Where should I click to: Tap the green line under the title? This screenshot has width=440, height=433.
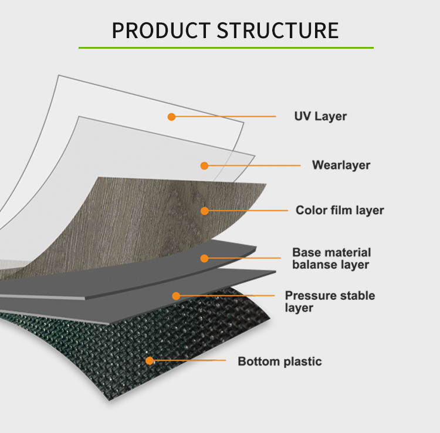pyautogui.click(x=226, y=47)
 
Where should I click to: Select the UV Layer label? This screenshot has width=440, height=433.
pyautogui.click(x=320, y=116)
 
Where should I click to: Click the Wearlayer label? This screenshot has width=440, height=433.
pyautogui.click(x=341, y=165)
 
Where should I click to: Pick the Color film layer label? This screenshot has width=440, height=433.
pyautogui.click(x=340, y=210)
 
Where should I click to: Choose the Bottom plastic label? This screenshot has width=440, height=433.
pyautogui.click(x=280, y=361)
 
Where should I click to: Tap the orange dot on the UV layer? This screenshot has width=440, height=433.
pyautogui.click(x=171, y=117)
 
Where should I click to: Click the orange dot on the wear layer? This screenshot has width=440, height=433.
pyautogui.click(x=204, y=165)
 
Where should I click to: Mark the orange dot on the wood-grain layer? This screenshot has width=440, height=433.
pyautogui.click(x=205, y=211)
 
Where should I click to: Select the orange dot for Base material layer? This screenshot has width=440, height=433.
pyautogui.click(x=204, y=258)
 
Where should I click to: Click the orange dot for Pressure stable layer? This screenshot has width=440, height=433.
pyautogui.click(x=175, y=296)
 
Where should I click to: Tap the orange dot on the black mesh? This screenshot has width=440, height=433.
pyautogui.click(x=150, y=360)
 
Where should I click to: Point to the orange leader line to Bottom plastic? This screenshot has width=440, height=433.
pyautogui.click(x=188, y=360)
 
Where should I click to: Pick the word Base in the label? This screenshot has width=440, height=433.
pyautogui.click(x=306, y=252)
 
